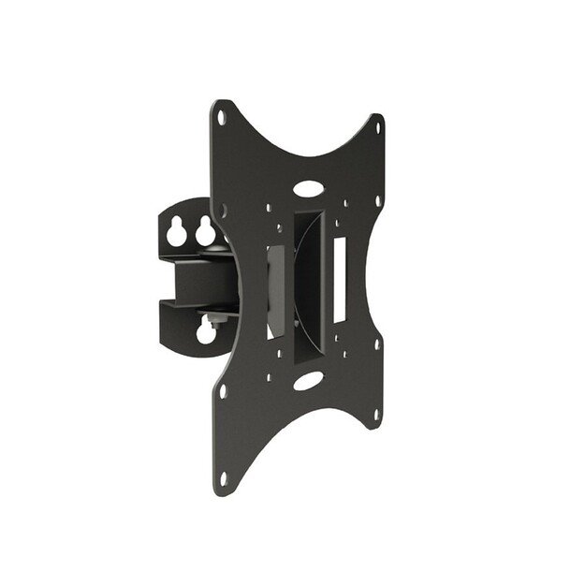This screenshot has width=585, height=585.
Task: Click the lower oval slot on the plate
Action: point(306,382)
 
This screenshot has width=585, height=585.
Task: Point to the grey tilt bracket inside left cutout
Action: point(278,290)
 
